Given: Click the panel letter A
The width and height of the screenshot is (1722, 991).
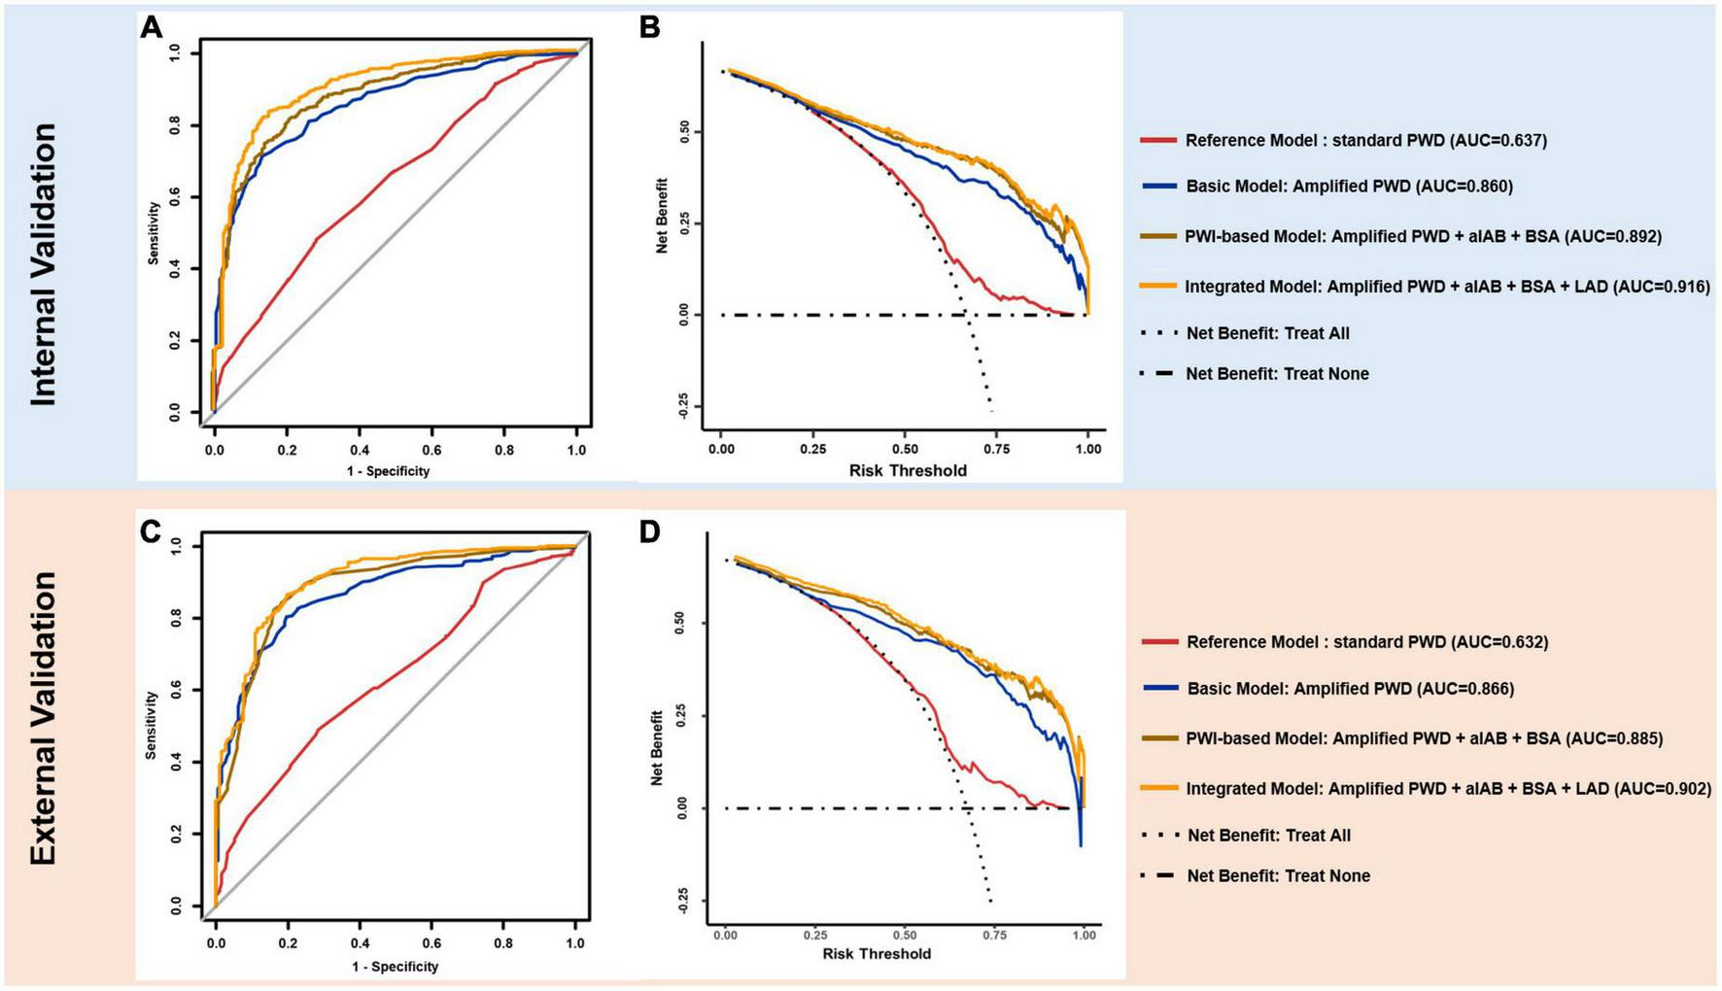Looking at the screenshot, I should point(152,27).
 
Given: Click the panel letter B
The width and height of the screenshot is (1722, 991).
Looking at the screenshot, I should point(650,27).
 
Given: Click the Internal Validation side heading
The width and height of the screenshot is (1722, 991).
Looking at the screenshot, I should point(43,264).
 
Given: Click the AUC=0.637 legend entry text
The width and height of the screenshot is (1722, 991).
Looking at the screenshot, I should point(1365,141).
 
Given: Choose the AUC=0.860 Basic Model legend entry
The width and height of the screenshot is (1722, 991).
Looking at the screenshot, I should point(1349,187).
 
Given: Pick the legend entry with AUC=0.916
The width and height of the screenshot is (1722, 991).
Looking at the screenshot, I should point(1447,287).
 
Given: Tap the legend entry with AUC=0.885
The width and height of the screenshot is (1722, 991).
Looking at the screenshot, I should point(1424,738).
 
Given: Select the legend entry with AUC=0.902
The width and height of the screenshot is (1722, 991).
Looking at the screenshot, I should point(1448,789).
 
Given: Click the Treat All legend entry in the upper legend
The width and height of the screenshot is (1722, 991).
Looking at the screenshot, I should point(1267,333).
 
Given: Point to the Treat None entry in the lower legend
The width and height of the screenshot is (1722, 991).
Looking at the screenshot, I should point(1278,875).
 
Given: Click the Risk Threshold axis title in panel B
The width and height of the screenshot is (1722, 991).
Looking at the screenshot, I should point(908,470).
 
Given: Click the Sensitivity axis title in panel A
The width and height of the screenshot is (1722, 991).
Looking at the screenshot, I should point(154,233).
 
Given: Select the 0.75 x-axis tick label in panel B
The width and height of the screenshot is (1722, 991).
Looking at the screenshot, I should point(996,449).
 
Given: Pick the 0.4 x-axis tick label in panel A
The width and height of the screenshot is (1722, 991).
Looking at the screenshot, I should point(359,450).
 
